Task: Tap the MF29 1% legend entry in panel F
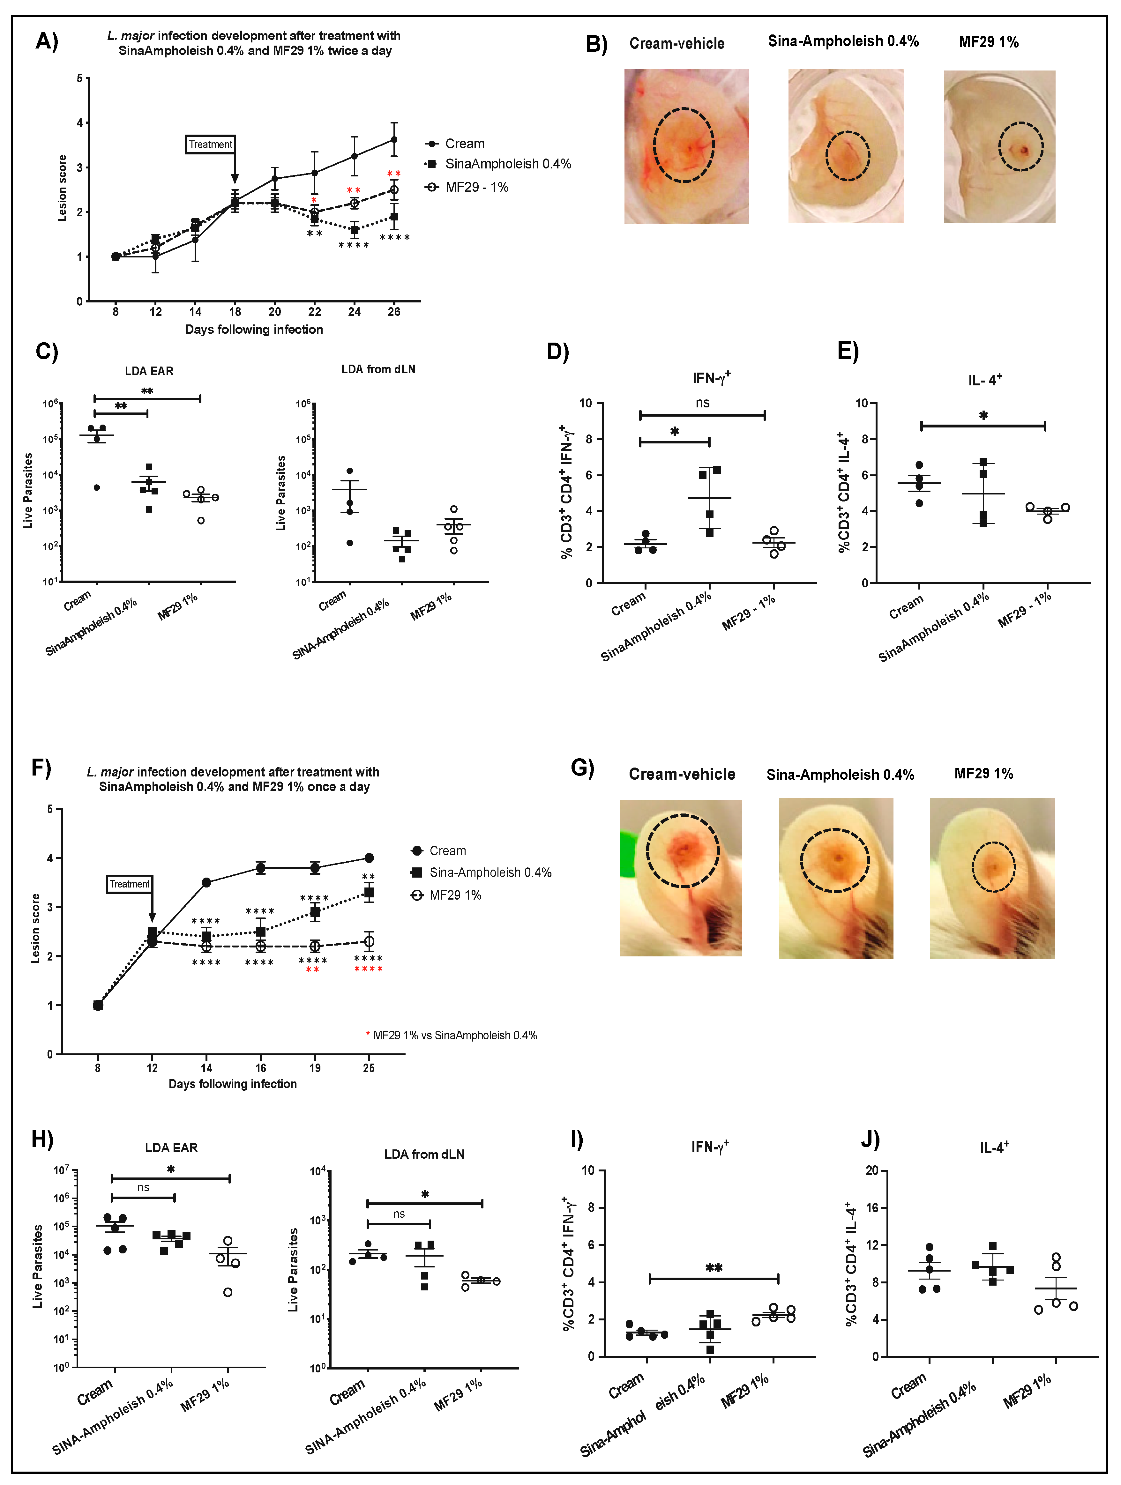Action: (x=455, y=895)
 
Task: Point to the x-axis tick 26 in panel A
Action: (x=394, y=311)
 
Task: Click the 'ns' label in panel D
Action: (x=703, y=403)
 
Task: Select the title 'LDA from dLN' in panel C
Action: (x=378, y=369)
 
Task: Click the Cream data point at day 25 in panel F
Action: (x=369, y=858)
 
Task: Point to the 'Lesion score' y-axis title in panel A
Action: (x=63, y=188)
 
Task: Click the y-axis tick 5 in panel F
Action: (x=50, y=810)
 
